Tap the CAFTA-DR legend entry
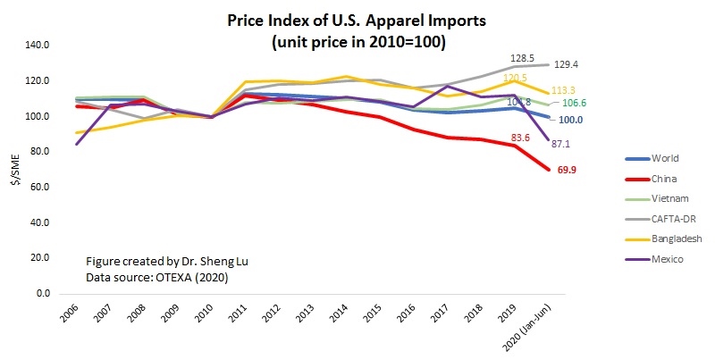pos(668,219)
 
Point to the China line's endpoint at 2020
pos(547,170)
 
